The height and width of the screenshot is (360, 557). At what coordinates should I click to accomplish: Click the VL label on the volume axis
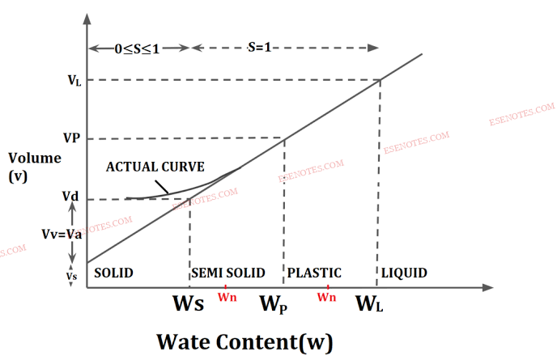point(74,81)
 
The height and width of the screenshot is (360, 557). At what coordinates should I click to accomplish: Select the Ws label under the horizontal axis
point(188,305)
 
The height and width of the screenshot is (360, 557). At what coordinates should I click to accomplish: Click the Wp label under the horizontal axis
point(273,305)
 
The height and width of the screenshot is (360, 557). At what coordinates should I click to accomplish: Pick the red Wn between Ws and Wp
point(227,297)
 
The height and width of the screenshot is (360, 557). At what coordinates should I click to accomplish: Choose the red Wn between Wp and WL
point(327,297)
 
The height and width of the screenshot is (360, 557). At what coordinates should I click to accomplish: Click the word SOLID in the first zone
point(113,273)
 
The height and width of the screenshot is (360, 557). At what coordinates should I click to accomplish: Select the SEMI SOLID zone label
point(227,273)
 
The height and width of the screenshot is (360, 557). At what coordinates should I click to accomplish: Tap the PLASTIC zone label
point(315,273)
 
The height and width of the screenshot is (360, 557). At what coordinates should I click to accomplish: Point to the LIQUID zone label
point(406,273)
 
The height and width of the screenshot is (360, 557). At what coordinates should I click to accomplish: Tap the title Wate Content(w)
point(244,341)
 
